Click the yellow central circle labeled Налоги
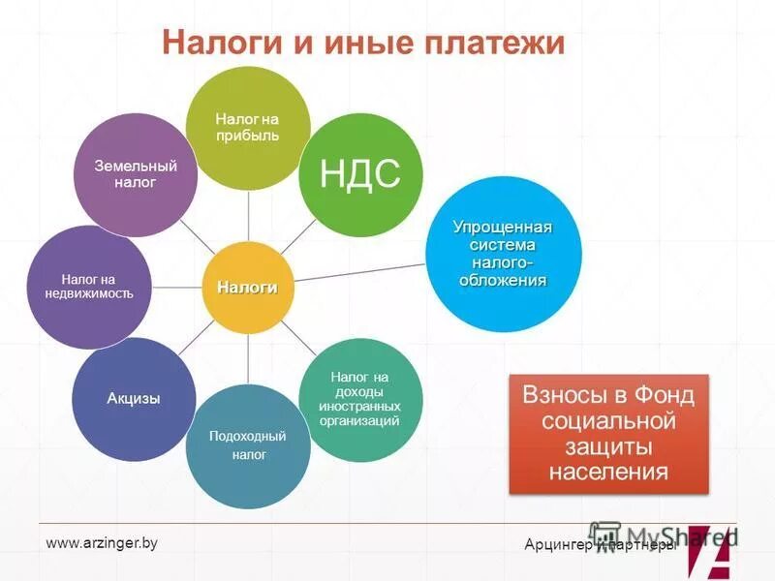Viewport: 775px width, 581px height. pyautogui.click(x=247, y=288)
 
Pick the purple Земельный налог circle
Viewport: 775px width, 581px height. pyautogui.click(x=137, y=174)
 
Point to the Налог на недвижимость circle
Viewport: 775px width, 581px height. pyautogui.click(x=90, y=287)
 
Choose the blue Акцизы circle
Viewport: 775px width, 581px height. pyautogui.click(x=134, y=398)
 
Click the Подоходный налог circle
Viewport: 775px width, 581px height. pyautogui.click(x=248, y=446)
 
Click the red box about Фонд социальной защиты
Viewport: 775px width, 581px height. pyautogui.click(x=608, y=434)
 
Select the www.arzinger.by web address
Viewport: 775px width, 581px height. pyautogui.click(x=102, y=543)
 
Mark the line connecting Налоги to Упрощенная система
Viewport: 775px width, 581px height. pyautogui.click(x=358, y=271)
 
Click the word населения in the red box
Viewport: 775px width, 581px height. pyautogui.click(x=608, y=473)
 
